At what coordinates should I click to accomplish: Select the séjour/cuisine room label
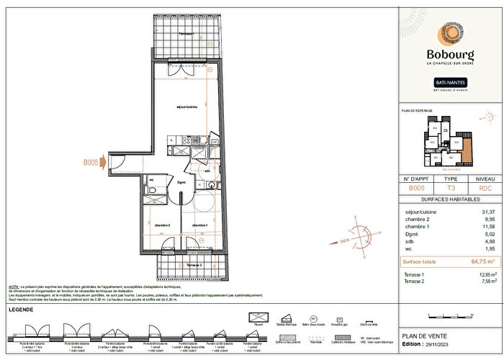pyautogui.click(x=187, y=107)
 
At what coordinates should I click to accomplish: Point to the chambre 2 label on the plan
pyautogui.click(x=162, y=225)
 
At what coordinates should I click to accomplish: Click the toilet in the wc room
pyautogui.click(x=153, y=189)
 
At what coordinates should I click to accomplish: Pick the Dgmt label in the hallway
pyautogui.click(x=181, y=183)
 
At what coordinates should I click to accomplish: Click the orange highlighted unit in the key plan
pyautogui.click(x=466, y=152)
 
